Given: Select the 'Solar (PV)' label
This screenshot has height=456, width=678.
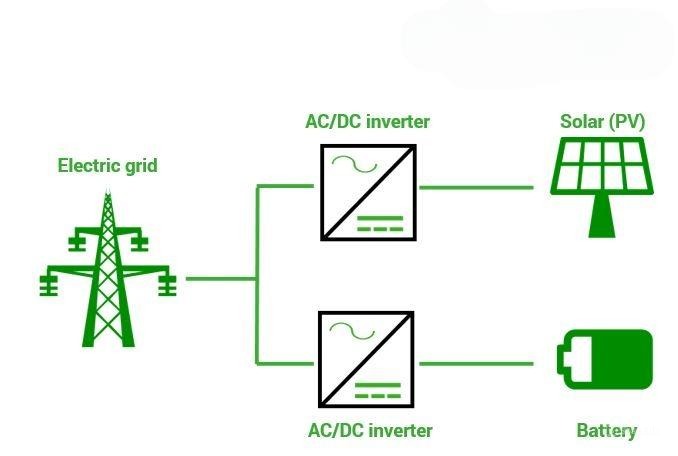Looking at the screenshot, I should click(x=602, y=122).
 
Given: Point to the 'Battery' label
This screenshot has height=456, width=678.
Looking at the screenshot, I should click(x=606, y=431).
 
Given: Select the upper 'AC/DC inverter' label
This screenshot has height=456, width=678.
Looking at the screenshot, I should click(x=367, y=122).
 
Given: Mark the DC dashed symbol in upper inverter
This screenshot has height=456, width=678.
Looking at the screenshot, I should click(x=386, y=222).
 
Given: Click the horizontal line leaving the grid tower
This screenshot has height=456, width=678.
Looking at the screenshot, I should click(x=220, y=278).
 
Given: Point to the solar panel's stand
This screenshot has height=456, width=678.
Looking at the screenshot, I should click(x=600, y=216).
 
